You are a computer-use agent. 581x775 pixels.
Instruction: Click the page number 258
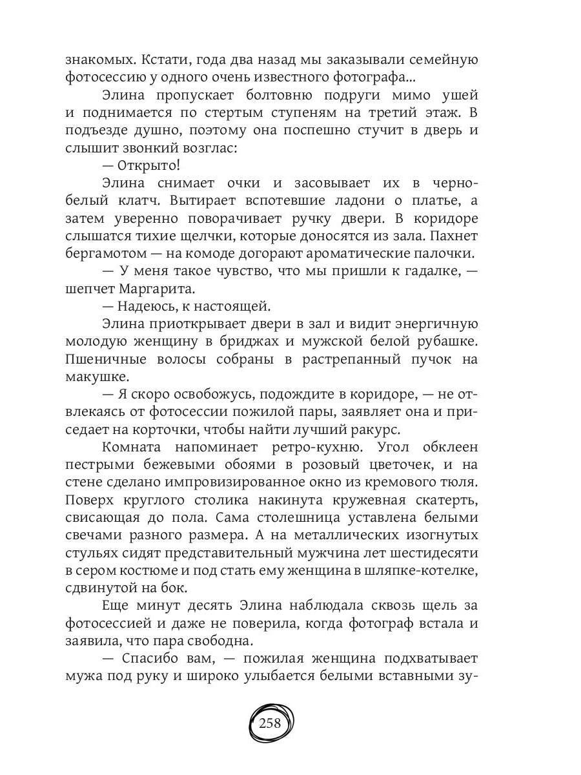tap(270, 723)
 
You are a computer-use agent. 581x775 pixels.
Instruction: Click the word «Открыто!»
tap(144, 165)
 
